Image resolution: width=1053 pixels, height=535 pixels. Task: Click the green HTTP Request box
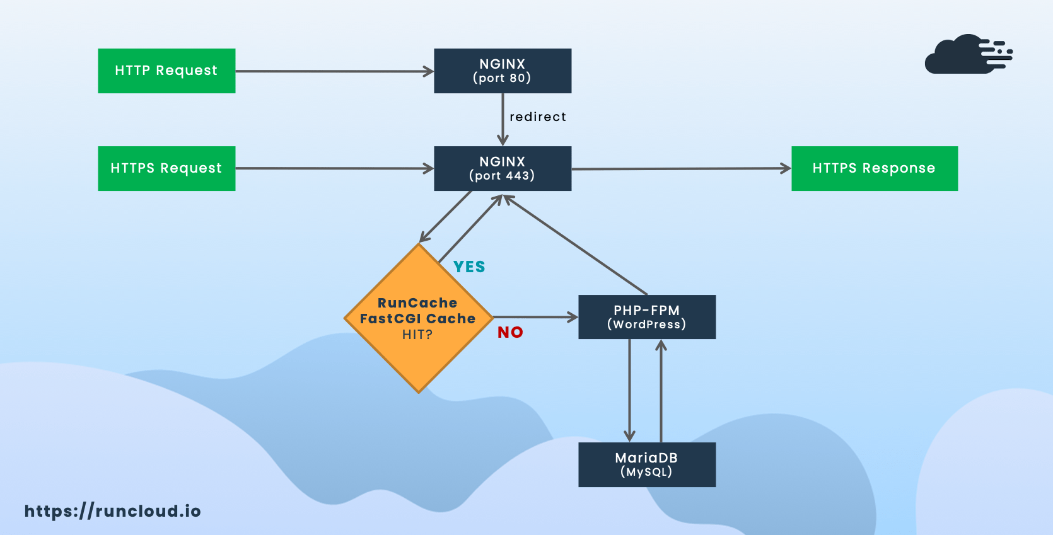click(166, 71)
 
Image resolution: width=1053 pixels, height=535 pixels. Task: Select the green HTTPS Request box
click(166, 168)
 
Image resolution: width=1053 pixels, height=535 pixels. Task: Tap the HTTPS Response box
click(874, 168)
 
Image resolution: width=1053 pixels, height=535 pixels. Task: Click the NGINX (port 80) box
click(502, 71)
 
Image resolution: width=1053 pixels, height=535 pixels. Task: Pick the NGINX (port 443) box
click(502, 168)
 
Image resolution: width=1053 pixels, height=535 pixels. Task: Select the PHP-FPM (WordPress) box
click(646, 317)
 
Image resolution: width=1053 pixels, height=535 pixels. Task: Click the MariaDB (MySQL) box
click(646, 464)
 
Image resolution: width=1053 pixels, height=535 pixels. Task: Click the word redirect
click(538, 117)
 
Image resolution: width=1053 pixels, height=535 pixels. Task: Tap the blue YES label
click(469, 267)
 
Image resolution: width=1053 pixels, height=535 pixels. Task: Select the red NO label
click(510, 333)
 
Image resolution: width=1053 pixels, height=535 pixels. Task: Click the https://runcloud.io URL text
click(112, 511)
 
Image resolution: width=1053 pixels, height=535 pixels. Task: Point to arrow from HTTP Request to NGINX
click(334, 71)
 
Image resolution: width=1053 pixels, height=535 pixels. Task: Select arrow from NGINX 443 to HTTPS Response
click(681, 169)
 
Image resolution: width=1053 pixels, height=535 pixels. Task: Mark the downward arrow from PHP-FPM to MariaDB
click(629, 391)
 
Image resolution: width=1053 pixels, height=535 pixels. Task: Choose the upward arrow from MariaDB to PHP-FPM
click(661, 391)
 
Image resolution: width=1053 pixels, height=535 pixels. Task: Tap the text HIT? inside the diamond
click(417, 335)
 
